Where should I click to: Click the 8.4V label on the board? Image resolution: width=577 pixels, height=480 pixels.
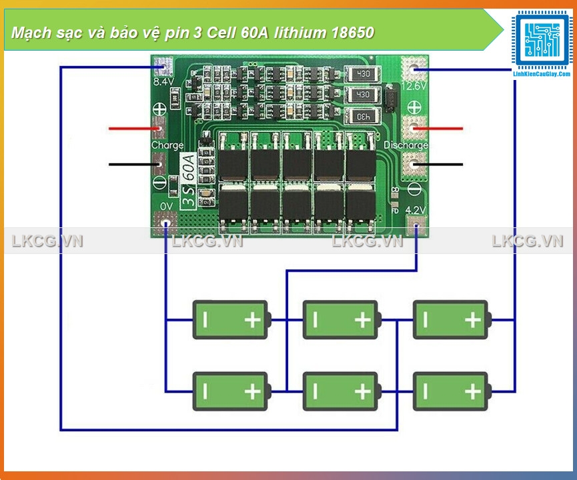tap(163, 82)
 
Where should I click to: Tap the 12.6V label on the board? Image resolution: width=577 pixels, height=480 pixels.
tap(414, 85)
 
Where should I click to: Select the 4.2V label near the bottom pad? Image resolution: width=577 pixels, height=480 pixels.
tap(415, 210)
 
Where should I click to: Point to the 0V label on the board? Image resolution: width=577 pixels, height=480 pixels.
tap(166, 205)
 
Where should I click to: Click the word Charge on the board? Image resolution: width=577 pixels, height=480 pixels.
tap(167, 145)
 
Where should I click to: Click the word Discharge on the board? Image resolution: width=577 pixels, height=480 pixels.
tap(406, 145)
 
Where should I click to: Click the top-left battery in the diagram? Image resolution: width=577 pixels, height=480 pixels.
tap(231, 319)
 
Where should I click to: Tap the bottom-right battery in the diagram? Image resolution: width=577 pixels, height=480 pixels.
tap(451, 391)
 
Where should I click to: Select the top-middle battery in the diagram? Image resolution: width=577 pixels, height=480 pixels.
tap(341, 319)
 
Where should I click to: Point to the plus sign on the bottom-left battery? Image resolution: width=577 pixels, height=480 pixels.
tap(252, 391)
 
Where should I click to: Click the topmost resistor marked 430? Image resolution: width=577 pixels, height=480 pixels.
tap(363, 74)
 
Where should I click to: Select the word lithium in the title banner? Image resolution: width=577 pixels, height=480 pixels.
tap(294, 33)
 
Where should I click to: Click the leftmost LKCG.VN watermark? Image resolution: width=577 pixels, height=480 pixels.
tap(47, 241)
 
